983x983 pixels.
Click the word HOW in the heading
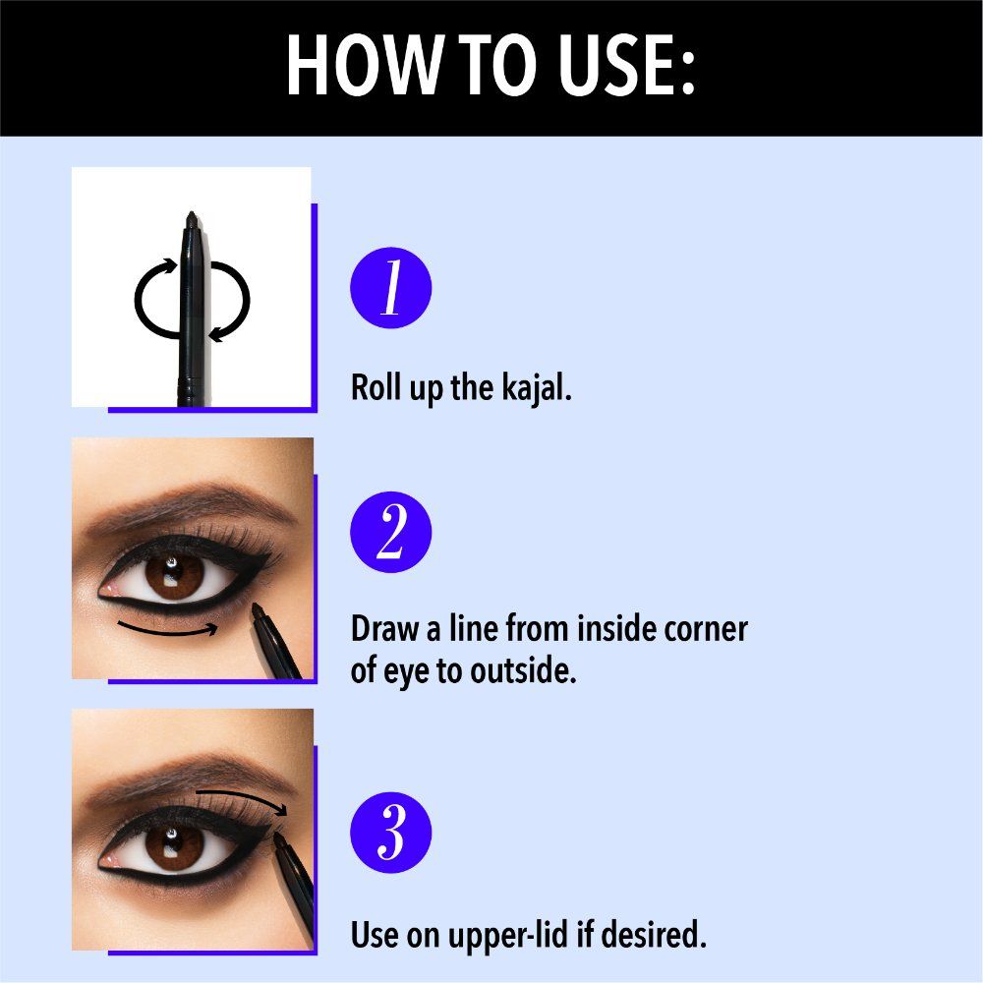pyautogui.click(x=366, y=65)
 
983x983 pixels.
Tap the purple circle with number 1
pyautogui.click(x=390, y=288)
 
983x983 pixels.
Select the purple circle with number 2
pyautogui.click(x=390, y=532)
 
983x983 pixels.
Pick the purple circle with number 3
pyautogui.click(x=390, y=833)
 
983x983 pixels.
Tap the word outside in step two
pyautogui.click(x=523, y=670)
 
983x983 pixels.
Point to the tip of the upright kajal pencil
pyautogui.click(x=192, y=213)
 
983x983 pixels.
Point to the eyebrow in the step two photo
pyautogui.click(x=189, y=504)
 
